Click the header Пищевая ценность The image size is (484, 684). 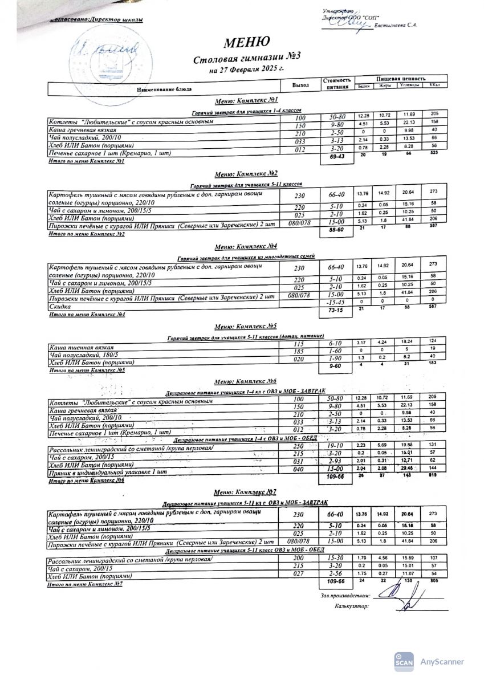click(400, 78)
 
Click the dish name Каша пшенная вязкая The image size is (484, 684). click(82, 347)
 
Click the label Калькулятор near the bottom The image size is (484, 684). click(352, 606)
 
